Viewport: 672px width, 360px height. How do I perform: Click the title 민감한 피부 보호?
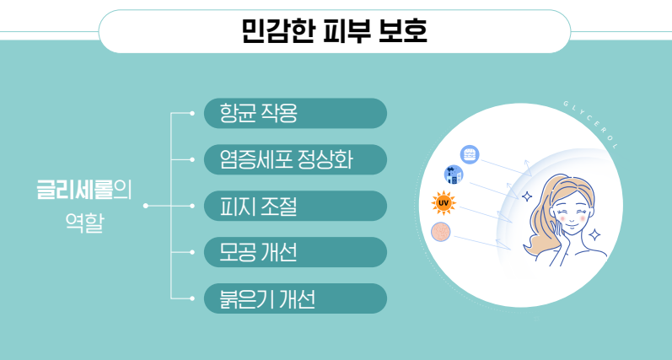tap(334, 31)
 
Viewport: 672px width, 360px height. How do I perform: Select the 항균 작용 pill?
tap(295, 113)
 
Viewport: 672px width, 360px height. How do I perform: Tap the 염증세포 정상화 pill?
tap(295, 159)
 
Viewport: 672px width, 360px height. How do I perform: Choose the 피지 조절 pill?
tap(295, 206)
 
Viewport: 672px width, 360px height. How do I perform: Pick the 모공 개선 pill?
tap(295, 252)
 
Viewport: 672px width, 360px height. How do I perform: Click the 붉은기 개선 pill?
tap(295, 298)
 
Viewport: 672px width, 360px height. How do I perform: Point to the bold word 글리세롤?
tap(74, 191)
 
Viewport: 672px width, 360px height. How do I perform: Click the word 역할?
tap(84, 223)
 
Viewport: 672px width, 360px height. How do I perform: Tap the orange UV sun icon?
tap(444, 202)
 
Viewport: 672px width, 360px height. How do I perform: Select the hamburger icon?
tap(470, 154)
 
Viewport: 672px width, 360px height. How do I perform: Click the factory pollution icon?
tap(454, 175)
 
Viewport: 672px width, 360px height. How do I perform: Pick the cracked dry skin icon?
tap(441, 232)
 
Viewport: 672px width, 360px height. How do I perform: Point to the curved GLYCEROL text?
tap(592, 123)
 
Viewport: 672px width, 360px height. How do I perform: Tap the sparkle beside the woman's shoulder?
tap(594, 235)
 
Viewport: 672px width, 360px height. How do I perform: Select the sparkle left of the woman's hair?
tap(527, 196)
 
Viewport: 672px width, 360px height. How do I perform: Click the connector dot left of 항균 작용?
tap(192, 113)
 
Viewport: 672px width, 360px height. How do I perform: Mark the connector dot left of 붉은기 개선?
tap(192, 298)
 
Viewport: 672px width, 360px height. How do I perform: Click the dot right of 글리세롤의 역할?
tap(146, 206)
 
